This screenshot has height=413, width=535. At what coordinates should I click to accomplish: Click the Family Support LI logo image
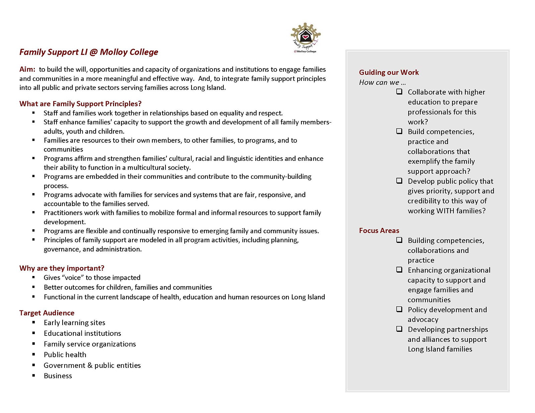pos(305,37)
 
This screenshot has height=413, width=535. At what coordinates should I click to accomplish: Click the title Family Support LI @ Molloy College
pos(89,52)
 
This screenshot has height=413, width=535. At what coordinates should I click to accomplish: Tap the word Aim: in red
pos(27,70)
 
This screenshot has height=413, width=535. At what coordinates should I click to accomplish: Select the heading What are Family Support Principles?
pos(80,104)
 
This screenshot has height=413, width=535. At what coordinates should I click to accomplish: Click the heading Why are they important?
pos(62,268)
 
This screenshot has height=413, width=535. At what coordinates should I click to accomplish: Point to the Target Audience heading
pos(47,313)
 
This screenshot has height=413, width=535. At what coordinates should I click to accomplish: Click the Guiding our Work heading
pos(389,73)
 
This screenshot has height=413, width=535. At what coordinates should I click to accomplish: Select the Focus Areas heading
pos(379,231)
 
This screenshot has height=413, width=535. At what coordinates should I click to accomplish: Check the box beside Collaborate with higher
pos(399,92)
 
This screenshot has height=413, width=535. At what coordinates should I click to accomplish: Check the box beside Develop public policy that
pos(399,181)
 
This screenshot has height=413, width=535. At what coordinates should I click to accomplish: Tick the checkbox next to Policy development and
pos(399,309)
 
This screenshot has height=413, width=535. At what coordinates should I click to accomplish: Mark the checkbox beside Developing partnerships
pos(399,329)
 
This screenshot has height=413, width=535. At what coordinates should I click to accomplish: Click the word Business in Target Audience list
pos(58,376)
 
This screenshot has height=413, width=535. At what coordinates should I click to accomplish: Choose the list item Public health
pos(65,355)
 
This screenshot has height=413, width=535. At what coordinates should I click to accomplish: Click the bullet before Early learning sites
pos(33,322)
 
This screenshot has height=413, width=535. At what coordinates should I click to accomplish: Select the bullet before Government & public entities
pos(33,365)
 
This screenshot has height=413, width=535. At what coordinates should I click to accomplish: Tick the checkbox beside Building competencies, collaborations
pos(399,240)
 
